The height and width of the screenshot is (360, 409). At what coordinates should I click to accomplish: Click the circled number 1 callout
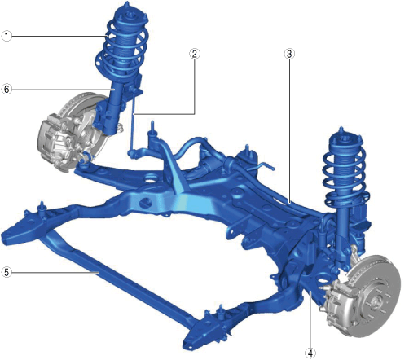pos(7,36)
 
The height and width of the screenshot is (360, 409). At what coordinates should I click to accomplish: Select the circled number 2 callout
pos(195,54)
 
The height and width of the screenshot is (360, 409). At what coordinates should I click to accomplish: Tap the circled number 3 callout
pos(289,54)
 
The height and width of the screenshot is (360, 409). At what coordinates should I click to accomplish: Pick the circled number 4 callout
pos(310,353)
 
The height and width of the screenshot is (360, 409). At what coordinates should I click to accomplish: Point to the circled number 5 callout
pos(7,272)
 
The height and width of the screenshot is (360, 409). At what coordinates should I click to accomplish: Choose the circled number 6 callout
pos(7,89)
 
